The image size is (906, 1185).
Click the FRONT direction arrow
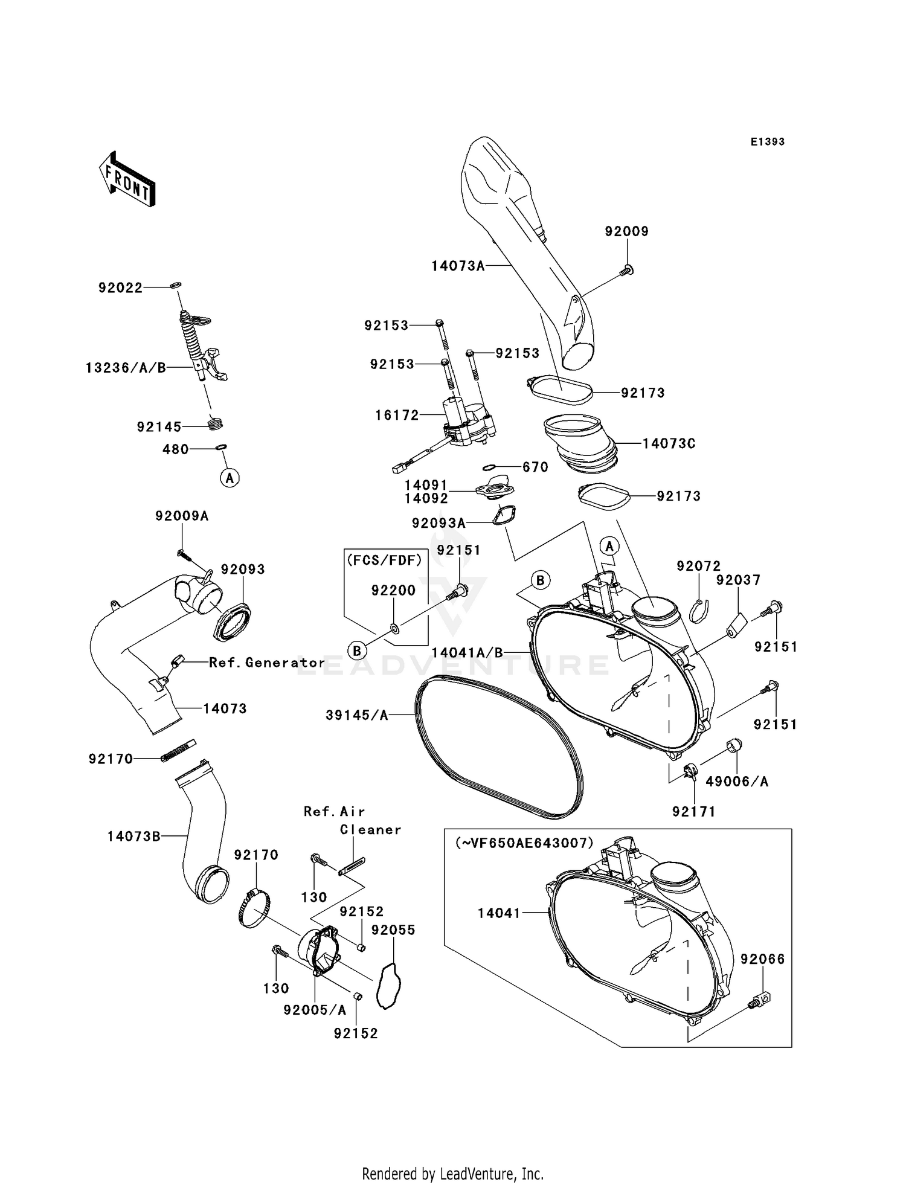127,179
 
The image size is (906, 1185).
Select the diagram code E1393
767,142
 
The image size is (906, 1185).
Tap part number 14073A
458,266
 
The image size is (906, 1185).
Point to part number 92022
121,288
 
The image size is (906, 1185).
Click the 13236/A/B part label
126,368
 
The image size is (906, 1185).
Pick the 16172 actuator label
397,415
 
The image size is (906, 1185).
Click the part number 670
535,467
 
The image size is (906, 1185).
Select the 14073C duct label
669,443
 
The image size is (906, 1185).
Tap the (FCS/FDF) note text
385,560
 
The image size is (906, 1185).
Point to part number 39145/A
356,715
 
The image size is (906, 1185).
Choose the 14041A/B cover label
467,653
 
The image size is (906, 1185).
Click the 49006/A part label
737,782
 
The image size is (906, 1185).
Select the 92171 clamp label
693,812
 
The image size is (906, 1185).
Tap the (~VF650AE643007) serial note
524,843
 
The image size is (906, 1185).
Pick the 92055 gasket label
393,930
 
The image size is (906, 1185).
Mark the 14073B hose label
134,837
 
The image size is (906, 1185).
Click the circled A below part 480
229,478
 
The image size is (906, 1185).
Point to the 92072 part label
698,566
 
